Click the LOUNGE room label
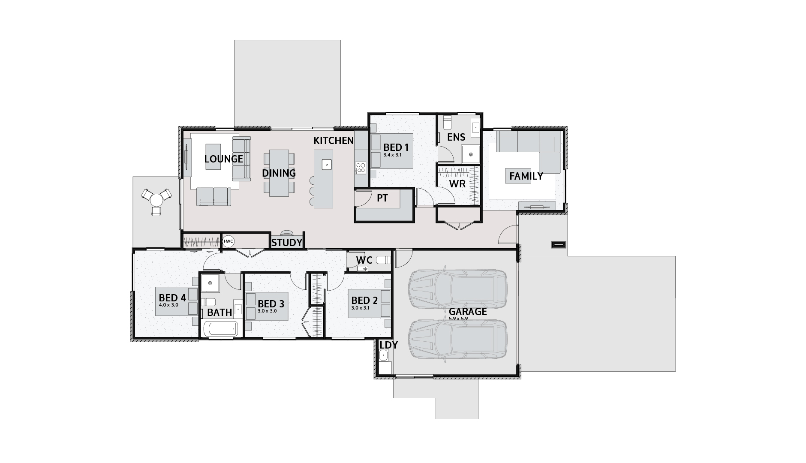point(223,159)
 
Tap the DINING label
point(279,173)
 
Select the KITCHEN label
point(334,141)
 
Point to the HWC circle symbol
point(229,241)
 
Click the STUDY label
point(287,243)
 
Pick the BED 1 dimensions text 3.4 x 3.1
point(392,155)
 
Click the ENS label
point(456,137)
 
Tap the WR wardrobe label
point(457,184)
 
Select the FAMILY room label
point(526,176)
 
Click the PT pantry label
point(382,198)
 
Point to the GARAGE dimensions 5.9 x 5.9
point(458,319)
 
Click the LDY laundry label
point(388,345)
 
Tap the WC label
point(364,260)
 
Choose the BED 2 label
point(364,301)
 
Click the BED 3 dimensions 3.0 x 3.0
point(267,311)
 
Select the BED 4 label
point(172,298)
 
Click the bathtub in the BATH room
point(220,330)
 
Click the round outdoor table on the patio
point(156,199)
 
